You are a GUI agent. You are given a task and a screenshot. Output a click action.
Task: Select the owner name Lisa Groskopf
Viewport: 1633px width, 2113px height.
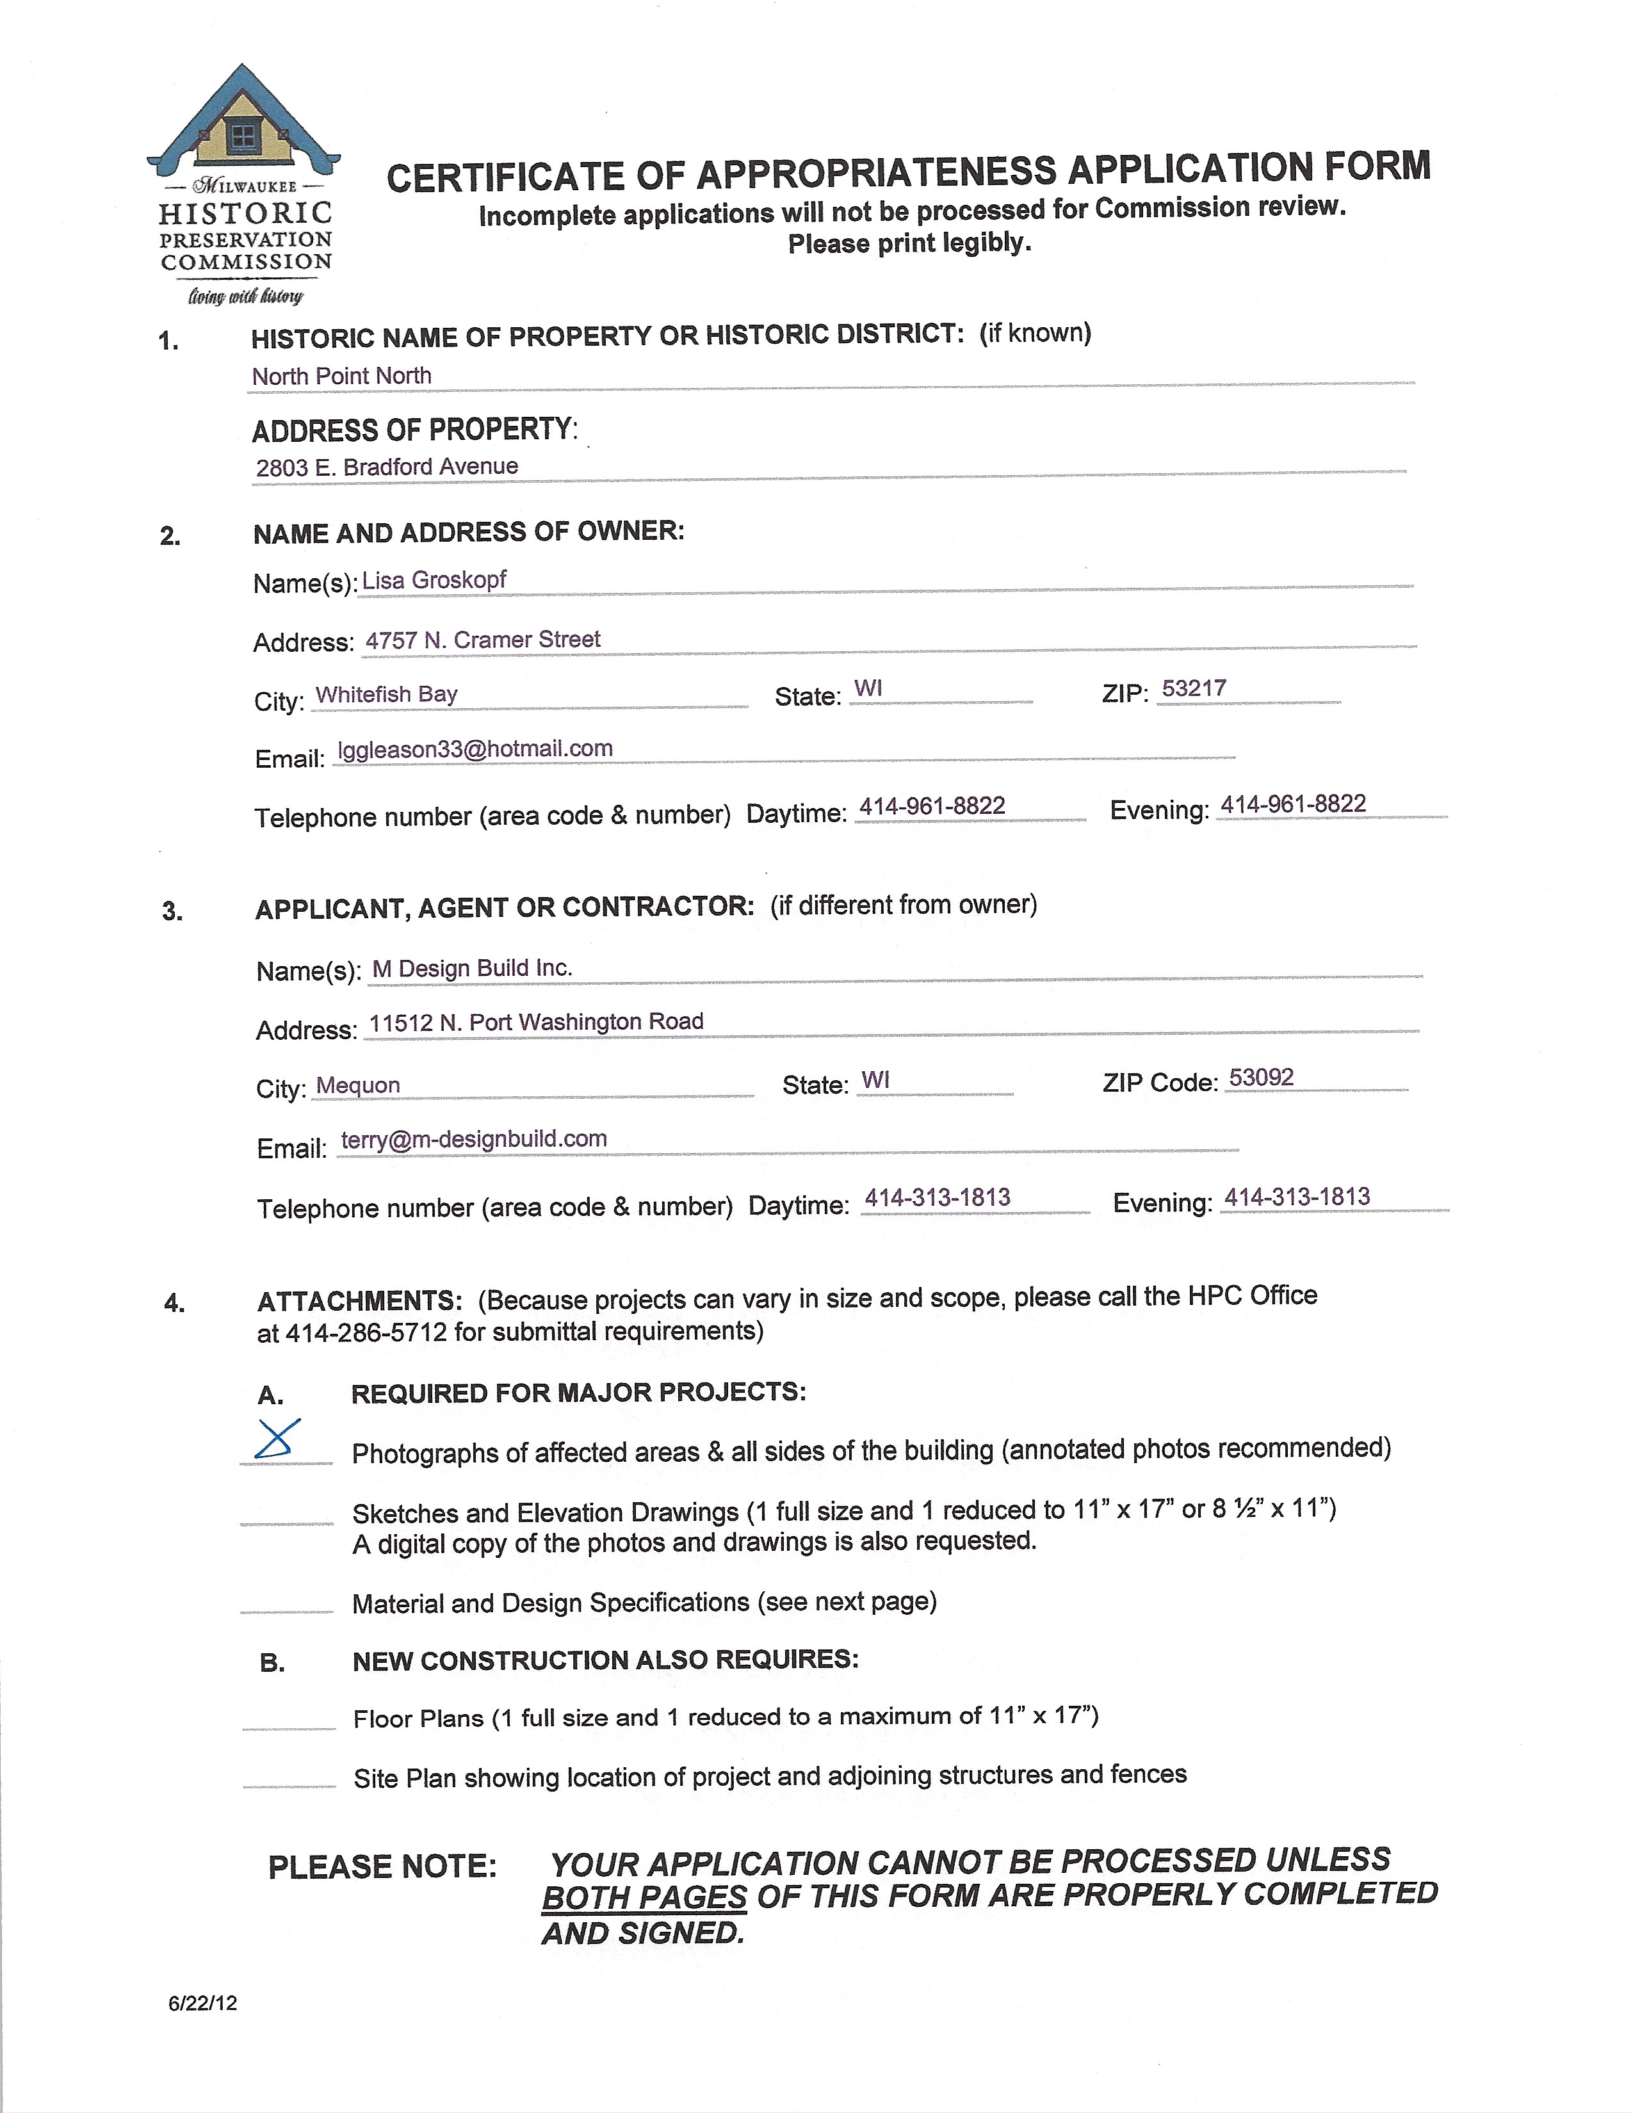tap(434, 581)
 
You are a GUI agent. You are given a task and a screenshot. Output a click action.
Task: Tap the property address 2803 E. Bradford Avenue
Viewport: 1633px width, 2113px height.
tap(387, 467)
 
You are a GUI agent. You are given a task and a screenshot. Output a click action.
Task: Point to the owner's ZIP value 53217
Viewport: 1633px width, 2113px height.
tap(1194, 689)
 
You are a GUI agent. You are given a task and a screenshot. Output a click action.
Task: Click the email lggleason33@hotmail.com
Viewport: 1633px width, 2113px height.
tap(475, 749)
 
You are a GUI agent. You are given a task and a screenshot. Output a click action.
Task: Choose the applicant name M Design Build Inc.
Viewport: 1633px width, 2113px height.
tap(472, 968)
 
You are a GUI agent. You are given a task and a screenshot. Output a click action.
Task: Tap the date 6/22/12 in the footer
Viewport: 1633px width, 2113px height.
tap(202, 2003)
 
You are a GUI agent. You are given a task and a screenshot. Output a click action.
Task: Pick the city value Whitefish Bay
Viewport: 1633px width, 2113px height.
tap(387, 695)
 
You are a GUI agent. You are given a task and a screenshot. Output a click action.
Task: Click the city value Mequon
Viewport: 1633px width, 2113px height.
tap(358, 1085)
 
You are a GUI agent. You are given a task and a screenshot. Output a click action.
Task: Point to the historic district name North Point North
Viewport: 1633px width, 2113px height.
tap(341, 376)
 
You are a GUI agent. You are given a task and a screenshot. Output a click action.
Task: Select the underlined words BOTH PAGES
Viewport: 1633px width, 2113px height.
tap(644, 1897)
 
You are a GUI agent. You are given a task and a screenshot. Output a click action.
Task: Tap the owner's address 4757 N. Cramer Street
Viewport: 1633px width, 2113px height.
tap(483, 640)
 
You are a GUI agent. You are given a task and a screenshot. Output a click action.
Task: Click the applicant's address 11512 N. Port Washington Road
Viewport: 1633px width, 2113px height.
tap(536, 1023)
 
